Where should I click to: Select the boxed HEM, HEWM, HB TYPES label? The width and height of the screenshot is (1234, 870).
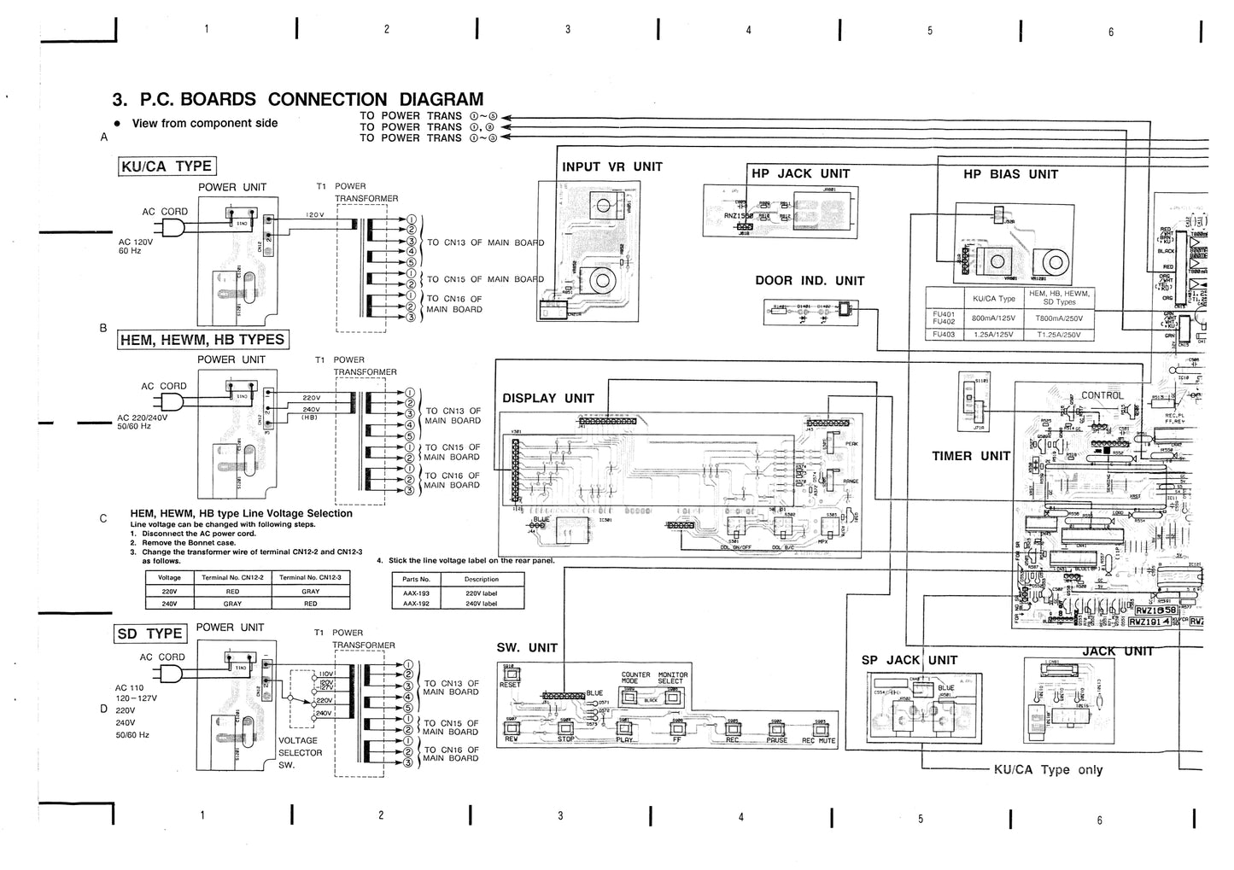[202, 340]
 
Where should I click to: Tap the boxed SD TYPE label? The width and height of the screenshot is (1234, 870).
[150, 633]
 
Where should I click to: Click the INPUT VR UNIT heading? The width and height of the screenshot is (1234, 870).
[611, 166]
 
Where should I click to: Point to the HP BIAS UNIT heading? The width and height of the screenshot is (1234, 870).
[1010, 174]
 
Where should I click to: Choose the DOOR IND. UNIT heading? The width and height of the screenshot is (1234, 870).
[809, 281]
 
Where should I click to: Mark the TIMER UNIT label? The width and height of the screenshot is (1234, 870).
[970, 456]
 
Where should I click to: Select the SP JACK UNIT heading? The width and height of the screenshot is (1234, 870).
[909, 660]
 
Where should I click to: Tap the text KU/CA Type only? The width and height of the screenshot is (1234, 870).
[1048, 769]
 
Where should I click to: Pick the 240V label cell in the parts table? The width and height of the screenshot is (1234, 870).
[481, 604]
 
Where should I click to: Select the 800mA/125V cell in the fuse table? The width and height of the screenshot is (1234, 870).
[994, 318]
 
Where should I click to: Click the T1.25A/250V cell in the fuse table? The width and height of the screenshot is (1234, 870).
[1059, 335]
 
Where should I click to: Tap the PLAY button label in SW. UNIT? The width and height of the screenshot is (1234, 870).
[624, 740]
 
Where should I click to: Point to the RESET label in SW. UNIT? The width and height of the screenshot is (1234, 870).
[510, 685]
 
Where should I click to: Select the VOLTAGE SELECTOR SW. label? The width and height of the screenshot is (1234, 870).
[300, 753]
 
